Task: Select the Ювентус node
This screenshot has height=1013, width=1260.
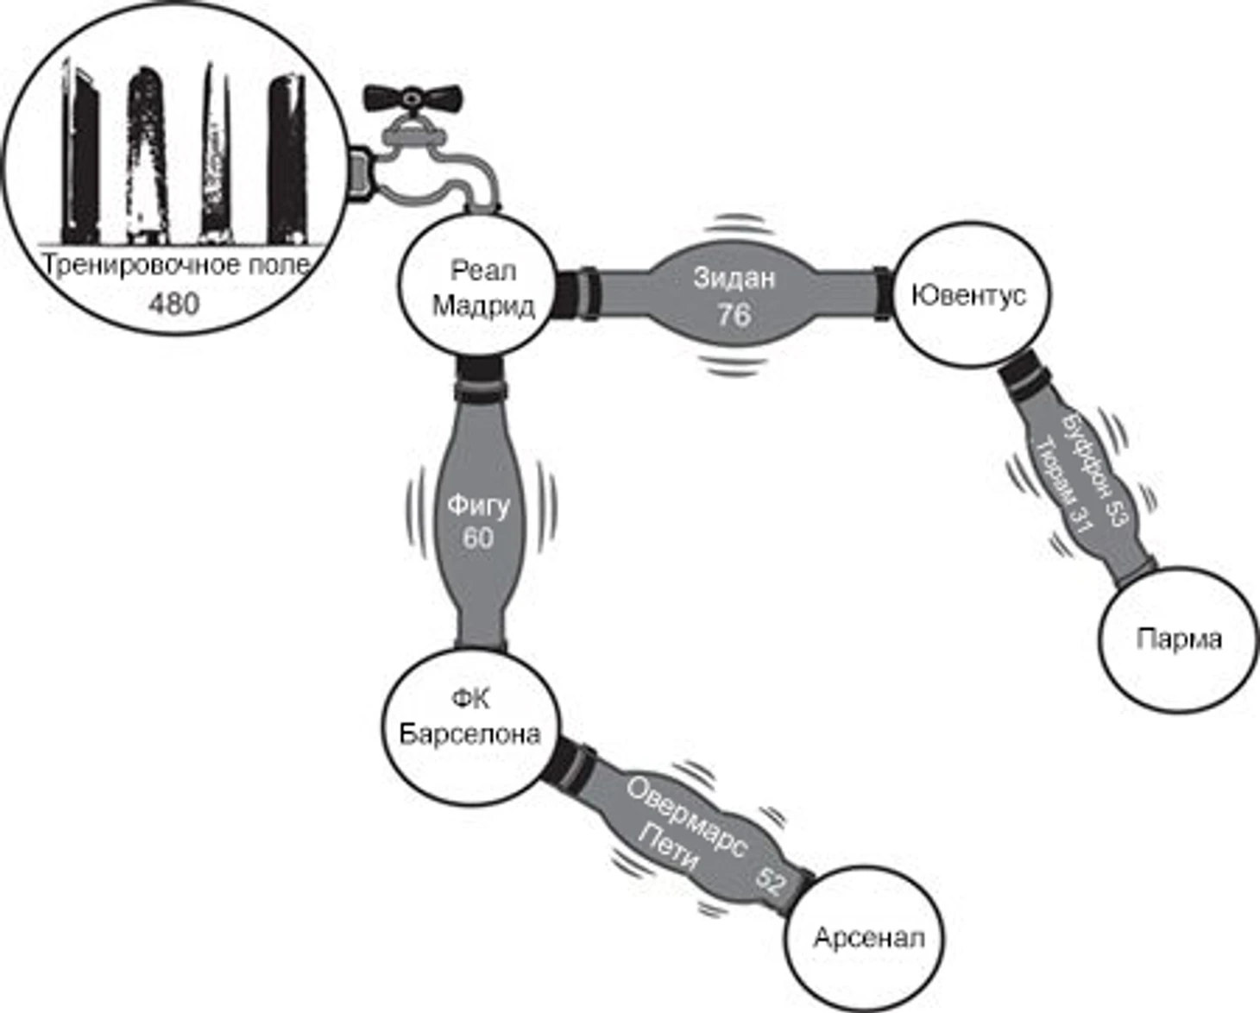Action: [x=969, y=294]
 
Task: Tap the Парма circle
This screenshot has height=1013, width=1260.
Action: [x=1178, y=639]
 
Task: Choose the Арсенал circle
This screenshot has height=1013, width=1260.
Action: [x=864, y=939]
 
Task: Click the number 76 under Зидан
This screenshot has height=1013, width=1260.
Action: [x=734, y=314]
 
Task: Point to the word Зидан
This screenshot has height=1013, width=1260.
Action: [x=734, y=278]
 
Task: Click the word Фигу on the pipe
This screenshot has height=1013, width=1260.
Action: [x=478, y=506]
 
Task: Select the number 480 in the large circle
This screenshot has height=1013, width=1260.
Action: [x=173, y=305]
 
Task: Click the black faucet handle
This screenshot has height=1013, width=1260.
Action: [x=413, y=98]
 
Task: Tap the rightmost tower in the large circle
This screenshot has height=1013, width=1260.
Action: [x=287, y=158]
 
